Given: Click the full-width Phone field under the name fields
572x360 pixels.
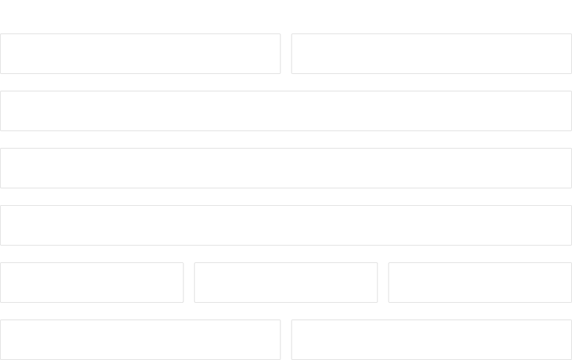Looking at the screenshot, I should pos(286,111).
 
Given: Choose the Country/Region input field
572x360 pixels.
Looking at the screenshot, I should pos(286,168).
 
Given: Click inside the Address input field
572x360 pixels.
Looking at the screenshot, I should pos(286,225).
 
